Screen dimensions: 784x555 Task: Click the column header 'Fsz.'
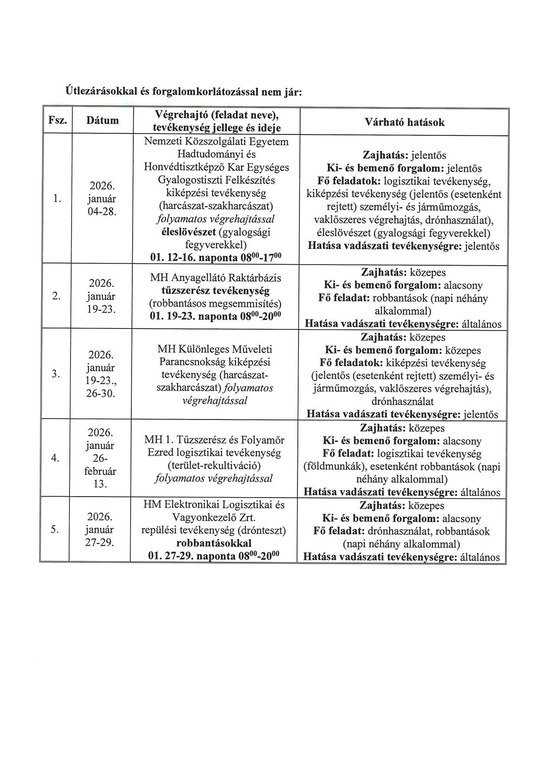coord(57,121)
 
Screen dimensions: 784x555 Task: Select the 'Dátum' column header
coord(102,121)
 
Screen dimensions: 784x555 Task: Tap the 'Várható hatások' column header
coord(404,122)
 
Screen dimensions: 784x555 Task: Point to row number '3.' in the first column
coord(56,374)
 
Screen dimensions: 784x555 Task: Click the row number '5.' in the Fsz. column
coord(55,529)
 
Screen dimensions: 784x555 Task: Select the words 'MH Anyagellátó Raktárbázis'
coord(216,278)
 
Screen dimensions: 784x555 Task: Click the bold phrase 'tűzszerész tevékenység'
coord(215,291)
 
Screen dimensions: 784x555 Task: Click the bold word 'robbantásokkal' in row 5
coord(214,543)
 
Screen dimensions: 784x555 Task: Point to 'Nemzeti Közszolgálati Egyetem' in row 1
coord(216,141)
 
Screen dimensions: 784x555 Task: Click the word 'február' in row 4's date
coord(100,472)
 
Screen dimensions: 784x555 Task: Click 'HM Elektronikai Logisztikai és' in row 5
coord(214,504)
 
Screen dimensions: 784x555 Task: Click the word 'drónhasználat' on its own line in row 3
coord(402,401)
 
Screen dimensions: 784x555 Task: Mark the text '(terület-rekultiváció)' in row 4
coord(214,466)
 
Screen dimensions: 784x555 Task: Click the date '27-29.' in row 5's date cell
coord(99,542)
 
